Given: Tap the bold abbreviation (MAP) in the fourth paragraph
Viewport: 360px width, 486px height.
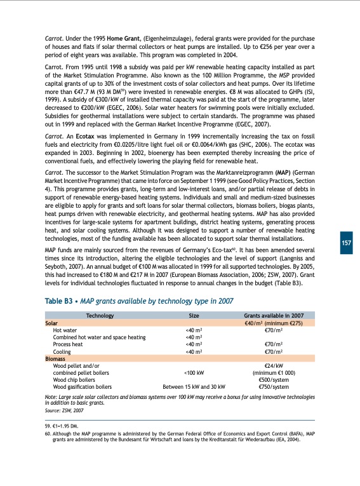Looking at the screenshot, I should [265, 172].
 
